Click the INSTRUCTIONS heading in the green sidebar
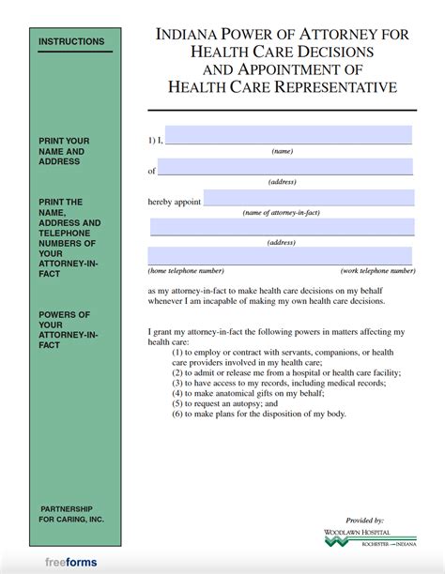tap(71, 42)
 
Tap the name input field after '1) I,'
tap(288, 135)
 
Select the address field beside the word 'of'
tap(285, 167)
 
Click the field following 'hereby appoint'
tap(309, 198)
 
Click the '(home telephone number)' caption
tap(186, 270)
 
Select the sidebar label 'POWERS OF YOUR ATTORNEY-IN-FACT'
tap(66, 329)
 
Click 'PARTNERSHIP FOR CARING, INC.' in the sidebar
tap(71, 513)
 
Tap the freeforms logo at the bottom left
tap(70, 563)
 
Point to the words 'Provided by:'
tap(365, 520)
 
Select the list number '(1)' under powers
tap(178, 352)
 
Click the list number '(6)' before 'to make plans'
tap(178, 414)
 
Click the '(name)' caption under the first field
tap(283, 150)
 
